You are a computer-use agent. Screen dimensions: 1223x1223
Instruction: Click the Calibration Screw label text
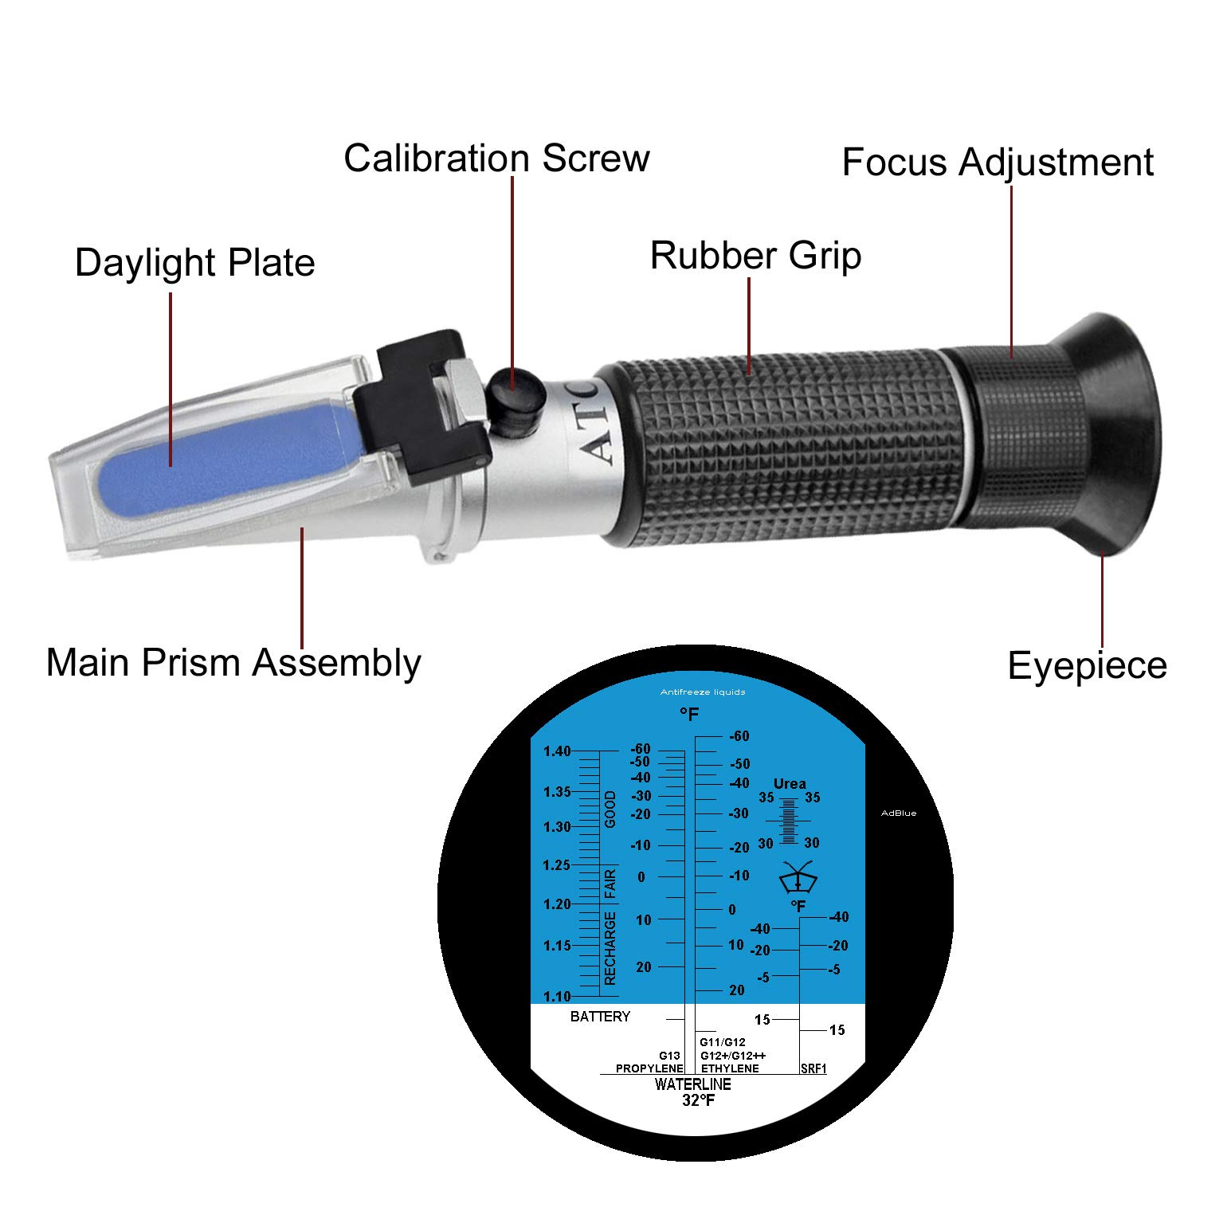click(x=496, y=158)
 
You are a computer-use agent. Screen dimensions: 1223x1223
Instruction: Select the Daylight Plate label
click(x=194, y=263)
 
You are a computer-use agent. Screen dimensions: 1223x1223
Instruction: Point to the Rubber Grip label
click(x=755, y=256)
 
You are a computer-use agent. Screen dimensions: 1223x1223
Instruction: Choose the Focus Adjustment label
click(x=998, y=163)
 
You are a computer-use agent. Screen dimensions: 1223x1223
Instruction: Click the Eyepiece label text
click(x=1087, y=665)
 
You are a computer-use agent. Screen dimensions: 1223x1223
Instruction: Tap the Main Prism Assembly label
click(x=233, y=663)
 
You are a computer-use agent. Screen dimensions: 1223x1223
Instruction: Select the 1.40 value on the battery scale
click(x=557, y=751)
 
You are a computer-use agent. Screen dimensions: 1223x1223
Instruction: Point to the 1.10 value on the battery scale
click(x=557, y=996)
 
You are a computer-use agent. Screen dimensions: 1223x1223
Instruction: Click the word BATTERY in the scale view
click(x=600, y=1017)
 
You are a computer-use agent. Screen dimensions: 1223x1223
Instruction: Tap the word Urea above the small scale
click(x=790, y=784)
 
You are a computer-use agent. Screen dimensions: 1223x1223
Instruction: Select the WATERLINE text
click(x=692, y=1084)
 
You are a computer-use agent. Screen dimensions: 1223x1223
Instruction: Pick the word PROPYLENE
click(x=649, y=1068)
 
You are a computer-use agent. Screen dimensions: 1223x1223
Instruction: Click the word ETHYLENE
click(x=730, y=1068)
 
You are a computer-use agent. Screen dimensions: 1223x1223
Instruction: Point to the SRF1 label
click(x=813, y=1068)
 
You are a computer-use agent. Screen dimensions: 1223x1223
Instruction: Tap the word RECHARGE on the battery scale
click(x=610, y=948)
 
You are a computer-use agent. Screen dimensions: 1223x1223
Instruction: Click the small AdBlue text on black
click(x=899, y=813)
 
